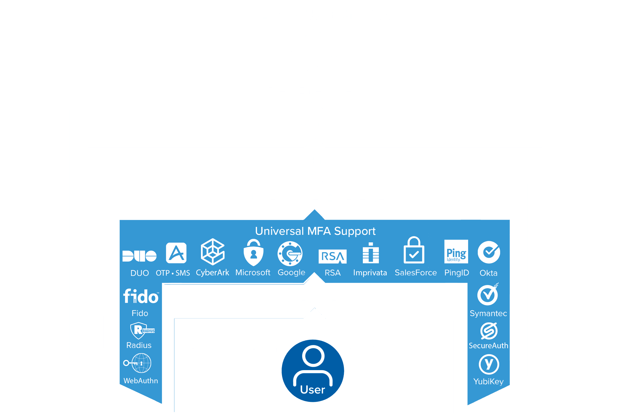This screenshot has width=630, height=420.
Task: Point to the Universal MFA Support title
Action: pyautogui.click(x=315, y=231)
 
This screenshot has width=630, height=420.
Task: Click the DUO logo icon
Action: pyautogui.click(x=139, y=256)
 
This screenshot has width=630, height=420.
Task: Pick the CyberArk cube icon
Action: pyautogui.click(x=213, y=252)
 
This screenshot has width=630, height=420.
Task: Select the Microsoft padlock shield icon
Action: pyautogui.click(x=253, y=253)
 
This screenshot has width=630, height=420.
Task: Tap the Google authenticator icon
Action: pyautogui.click(x=290, y=253)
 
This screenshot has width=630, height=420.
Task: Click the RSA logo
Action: pyautogui.click(x=332, y=256)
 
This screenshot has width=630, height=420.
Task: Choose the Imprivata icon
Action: pyautogui.click(x=371, y=253)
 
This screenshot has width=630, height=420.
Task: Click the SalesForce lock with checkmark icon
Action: pyautogui.click(x=414, y=251)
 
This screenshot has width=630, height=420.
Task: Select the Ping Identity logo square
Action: pyautogui.click(x=456, y=252)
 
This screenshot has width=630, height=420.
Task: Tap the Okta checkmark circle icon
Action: pyautogui.click(x=489, y=252)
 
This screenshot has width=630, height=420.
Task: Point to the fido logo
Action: pyautogui.click(x=141, y=296)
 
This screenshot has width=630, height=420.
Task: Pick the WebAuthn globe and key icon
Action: pyautogui.click(x=138, y=363)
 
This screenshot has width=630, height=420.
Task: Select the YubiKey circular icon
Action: pyautogui.click(x=489, y=364)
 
